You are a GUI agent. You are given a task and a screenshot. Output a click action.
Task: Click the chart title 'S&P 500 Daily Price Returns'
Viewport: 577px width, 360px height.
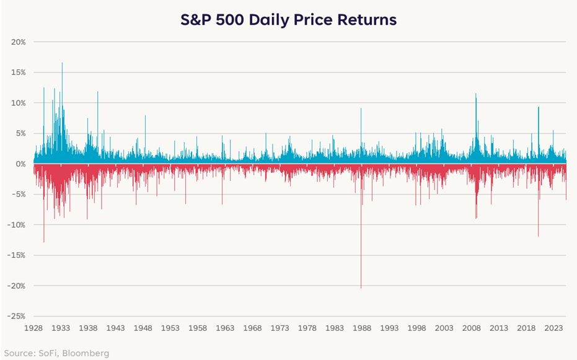288,20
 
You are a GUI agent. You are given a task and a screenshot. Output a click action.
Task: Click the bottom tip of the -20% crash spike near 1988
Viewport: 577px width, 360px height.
361,288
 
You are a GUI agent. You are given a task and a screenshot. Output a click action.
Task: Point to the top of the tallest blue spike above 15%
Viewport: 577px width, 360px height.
62,63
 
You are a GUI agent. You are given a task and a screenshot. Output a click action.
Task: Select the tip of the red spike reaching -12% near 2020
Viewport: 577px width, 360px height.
538,236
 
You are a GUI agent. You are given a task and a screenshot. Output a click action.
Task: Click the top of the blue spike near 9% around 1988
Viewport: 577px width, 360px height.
361,108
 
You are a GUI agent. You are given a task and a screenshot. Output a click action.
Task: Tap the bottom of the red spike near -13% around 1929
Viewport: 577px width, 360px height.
43,242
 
